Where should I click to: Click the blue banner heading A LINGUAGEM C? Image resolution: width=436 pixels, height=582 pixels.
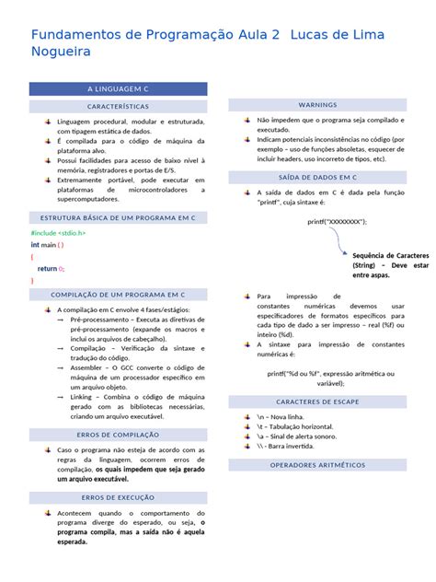tap(119, 89)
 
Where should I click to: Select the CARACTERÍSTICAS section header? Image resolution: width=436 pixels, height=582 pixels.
tap(119, 107)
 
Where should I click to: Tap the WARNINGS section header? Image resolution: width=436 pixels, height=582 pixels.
tap(317, 105)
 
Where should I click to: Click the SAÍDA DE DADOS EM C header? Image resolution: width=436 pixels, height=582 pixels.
tap(317, 176)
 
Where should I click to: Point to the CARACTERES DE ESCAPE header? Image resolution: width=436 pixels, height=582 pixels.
tap(317, 402)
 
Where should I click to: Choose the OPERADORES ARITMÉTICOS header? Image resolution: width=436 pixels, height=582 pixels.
tap(317, 466)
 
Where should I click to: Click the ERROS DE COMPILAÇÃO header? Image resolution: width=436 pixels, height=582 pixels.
tap(119, 434)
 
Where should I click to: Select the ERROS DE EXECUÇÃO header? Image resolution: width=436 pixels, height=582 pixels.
tap(119, 497)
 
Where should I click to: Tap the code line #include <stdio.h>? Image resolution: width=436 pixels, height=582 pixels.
tap(58, 233)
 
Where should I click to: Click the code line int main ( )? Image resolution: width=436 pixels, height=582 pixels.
tap(47, 245)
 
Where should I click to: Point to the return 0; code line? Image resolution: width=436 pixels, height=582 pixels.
tap(52, 268)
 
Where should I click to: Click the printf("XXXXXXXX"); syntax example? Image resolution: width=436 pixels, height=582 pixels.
tap(337, 222)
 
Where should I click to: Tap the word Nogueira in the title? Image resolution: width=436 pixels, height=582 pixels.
tap(64, 53)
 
